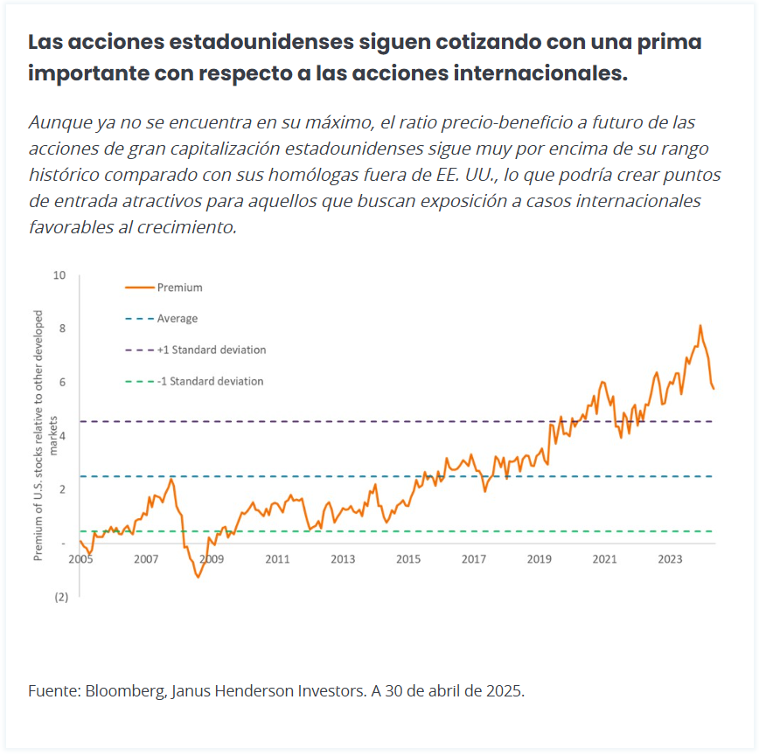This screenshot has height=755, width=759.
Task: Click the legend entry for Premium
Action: point(179,287)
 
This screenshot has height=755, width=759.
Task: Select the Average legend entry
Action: point(177,318)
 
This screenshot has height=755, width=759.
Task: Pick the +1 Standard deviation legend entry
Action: point(211,350)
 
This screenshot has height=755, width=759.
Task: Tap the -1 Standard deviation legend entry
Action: point(210,381)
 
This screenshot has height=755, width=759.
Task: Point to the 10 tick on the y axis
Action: point(59,275)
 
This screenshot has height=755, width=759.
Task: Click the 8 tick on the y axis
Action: point(61,329)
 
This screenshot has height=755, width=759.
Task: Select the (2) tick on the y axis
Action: point(61,597)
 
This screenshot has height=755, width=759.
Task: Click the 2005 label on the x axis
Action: point(80,559)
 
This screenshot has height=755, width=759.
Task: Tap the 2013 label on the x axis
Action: point(343,559)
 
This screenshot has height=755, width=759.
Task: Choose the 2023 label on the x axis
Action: point(670,559)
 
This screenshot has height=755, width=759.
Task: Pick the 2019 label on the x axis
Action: point(539,559)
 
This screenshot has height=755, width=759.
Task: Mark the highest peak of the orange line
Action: point(700,326)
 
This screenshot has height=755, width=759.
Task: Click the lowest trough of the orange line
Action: point(198,578)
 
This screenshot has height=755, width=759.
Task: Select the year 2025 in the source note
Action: point(505,691)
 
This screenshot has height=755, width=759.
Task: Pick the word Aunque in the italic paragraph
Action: point(58,121)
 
